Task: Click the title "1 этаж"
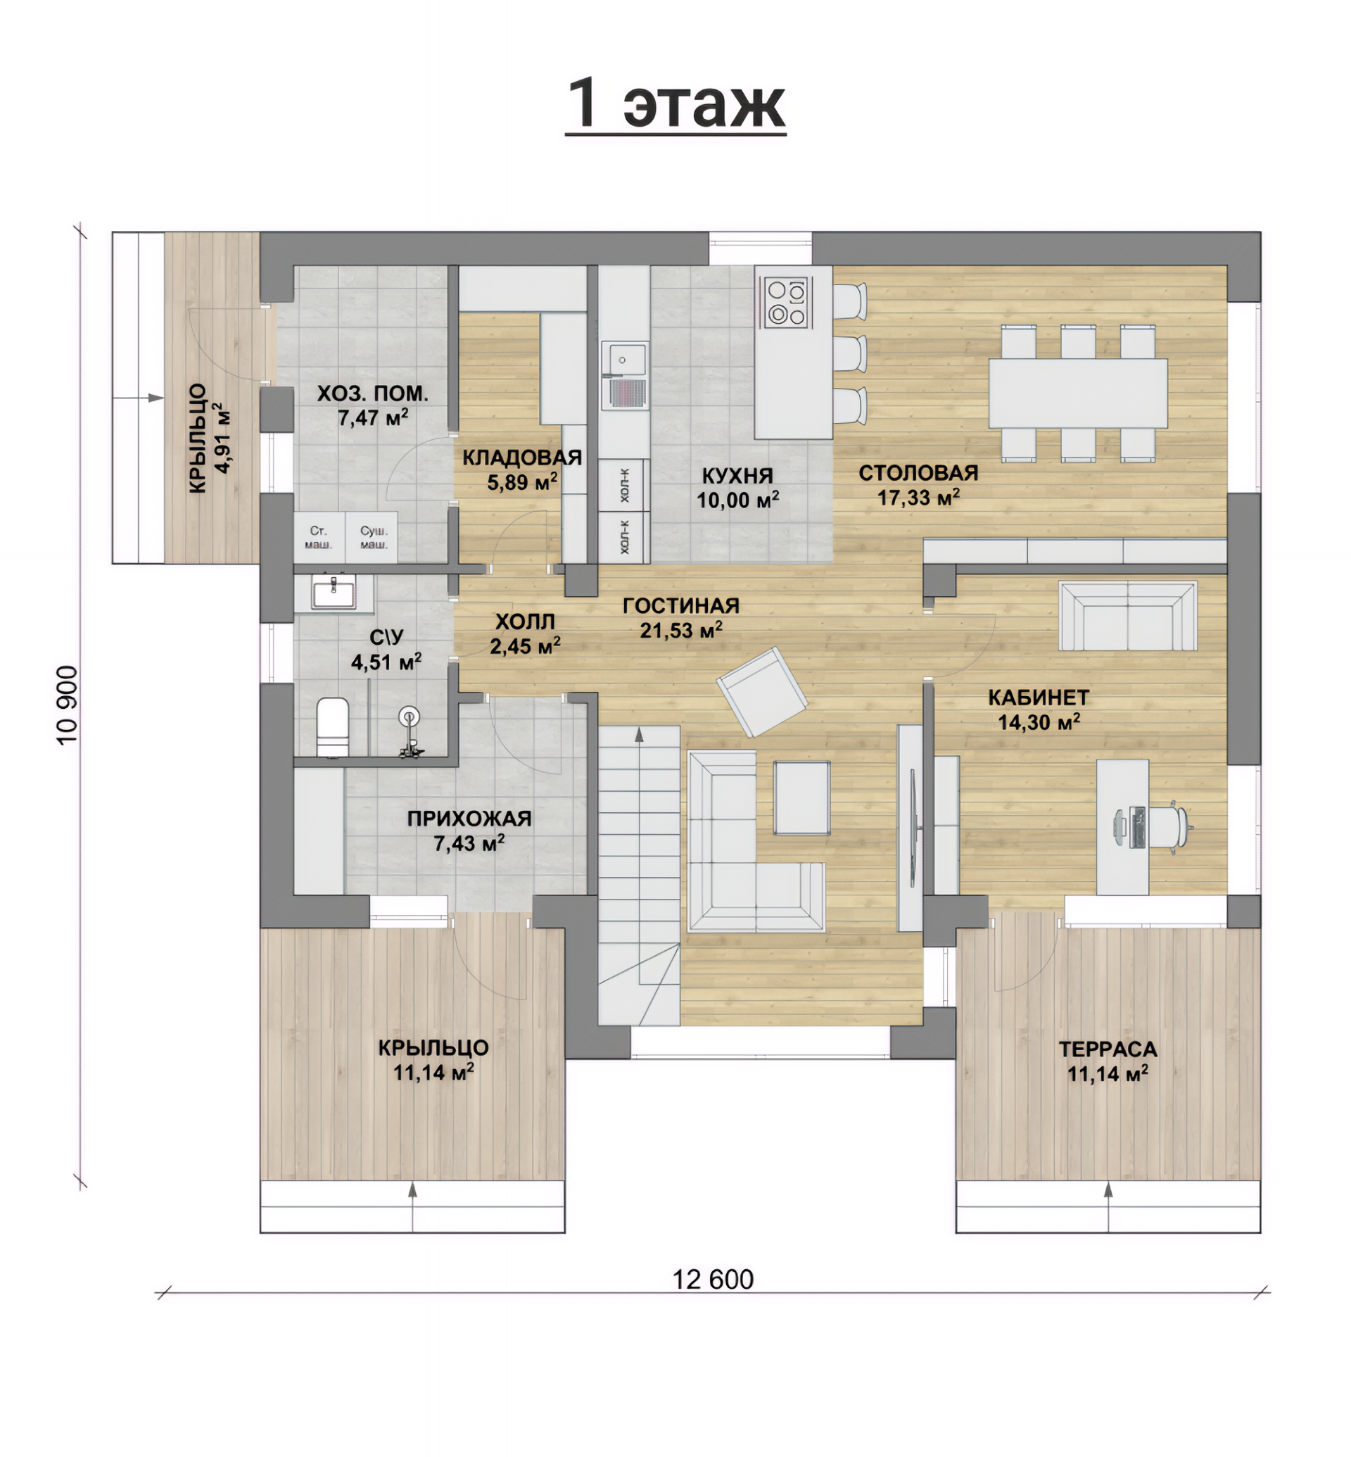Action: pyautogui.click(x=675, y=103)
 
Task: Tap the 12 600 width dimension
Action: pyautogui.click(x=713, y=1279)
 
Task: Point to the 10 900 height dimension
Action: pyautogui.click(x=67, y=705)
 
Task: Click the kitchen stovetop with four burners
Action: pyautogui.click(x=786, y=301)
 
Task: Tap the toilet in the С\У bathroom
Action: pyautogui.click(x=333, y=726)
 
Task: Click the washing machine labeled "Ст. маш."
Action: pyautogui.click(x=319, y=537)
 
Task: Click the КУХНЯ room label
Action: pyautogui.click(x=737, y=475)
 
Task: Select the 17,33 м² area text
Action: pyautogui.click(x=918, y=498)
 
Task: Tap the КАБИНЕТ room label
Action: pyautogui.click(x=1039, y=697)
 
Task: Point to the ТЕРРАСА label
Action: pyautogui.click(x=1108, y=1049)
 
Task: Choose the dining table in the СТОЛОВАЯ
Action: pyautogui.click(x=1077, y=393)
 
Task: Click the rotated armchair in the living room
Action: pyautogui.click(x=762, y=691)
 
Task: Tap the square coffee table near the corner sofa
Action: pyautogui.click(x=802, y=797)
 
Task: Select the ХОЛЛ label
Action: pyautogui.click(x=526, y=622)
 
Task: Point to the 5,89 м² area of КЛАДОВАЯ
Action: pyautogui.click(x=522, y=482)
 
